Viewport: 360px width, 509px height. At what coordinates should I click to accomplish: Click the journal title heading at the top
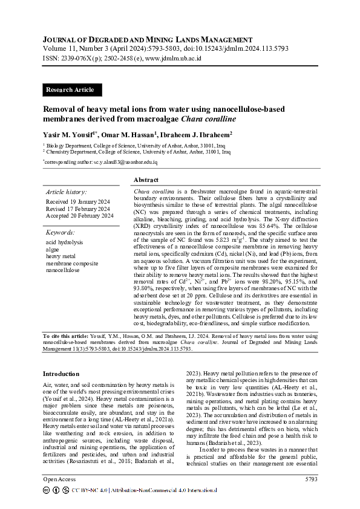pyautogui.click(x=147, y=39)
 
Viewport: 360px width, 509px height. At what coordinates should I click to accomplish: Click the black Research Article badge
pyautogui.click(x=71, y=90)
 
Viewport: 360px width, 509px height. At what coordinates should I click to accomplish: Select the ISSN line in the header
pyautogui.click(x=122, y=59)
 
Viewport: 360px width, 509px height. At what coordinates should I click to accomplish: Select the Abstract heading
pyautogui.click(x=146, y=180)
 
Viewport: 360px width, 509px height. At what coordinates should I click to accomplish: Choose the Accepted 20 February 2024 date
pyautogui.click(x=79, y=216)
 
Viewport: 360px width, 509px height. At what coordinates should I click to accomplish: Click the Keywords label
pyautogui.click(x=61, y=232)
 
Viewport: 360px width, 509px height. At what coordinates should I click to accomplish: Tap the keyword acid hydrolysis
pyautogui.click(x=65, y=242)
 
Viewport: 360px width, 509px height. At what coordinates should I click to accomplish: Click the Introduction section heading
pyautogui.click(x=61, y=374)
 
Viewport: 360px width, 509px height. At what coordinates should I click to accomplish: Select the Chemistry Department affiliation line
pyautogui.click(x=129, y=152)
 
